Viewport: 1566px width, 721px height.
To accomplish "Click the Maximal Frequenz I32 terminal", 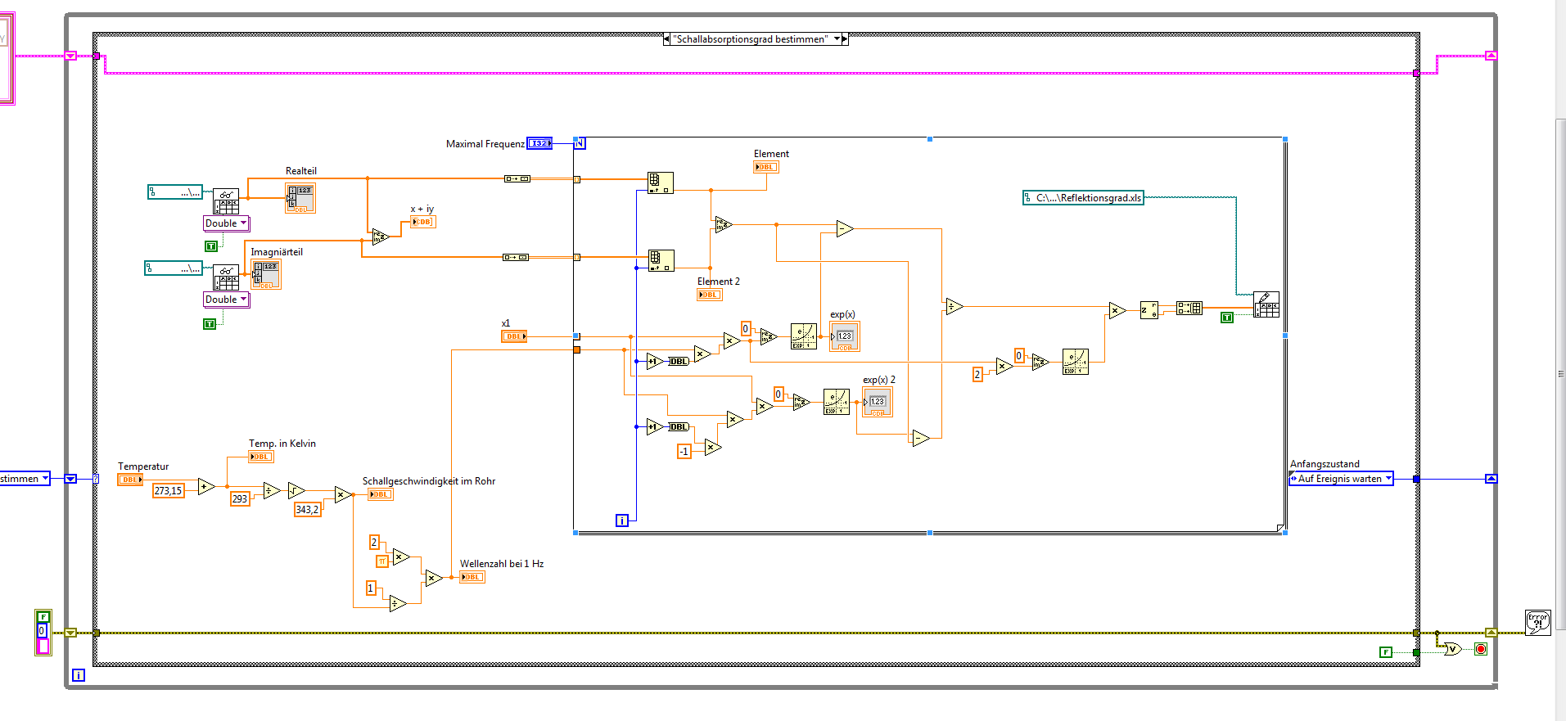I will point(539,143).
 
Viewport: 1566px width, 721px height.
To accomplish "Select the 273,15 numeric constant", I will point(168,490).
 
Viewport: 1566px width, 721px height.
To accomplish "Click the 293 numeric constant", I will point(239,498).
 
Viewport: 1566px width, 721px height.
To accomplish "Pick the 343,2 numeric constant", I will point(307,509).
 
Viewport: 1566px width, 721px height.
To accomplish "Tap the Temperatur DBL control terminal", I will point(129,480).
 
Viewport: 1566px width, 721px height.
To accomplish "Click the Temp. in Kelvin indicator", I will point(261,457).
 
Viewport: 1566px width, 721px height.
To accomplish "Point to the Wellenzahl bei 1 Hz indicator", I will point(472,577).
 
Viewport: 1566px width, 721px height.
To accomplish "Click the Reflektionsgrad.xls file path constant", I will point(1083,197).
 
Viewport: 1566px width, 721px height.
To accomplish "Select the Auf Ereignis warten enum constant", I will point(1340,479).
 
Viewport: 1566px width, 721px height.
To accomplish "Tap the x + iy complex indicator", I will point(422,222).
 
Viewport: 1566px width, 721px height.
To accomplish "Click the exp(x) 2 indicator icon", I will point(877,402).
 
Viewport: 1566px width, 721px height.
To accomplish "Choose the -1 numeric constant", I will point(684,451).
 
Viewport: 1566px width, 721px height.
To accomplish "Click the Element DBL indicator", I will point(765,167).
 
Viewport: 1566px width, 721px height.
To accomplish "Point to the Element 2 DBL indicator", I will point(709,295).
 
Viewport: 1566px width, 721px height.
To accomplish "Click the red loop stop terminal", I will point(1480,649).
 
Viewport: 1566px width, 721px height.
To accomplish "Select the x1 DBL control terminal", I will point(513,336).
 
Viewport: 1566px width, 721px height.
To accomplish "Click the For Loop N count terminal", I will point(580,143).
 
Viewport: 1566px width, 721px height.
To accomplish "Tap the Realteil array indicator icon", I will point(300,198).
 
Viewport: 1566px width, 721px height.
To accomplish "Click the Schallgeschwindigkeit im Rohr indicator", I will point(380,494).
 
